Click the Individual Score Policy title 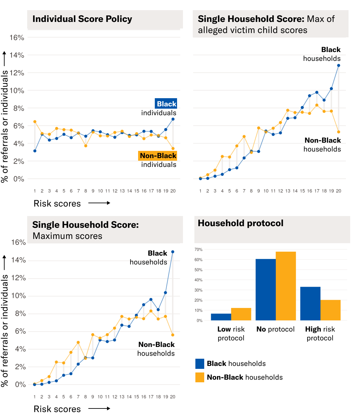click(x=82, y=19)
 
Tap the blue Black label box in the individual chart click(x=166, y=104)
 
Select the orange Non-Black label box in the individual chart click(x=158, y=156)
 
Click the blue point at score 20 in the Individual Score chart click(x=173, y=119)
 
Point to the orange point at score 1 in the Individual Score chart click(x=35, y=122)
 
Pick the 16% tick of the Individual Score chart click(x=17, y=38)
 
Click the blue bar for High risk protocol click(x=310, y=303)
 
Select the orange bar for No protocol click(x=286, y=286)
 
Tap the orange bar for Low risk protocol click(x=241, y=314)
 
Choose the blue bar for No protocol click(x=266, y=289)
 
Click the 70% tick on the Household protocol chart click(x=199, y=249)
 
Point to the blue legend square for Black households click(x=200, y=364)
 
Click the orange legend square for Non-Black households click(x=200, y=377)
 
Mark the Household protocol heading click(x=241, y=223)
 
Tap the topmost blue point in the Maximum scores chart click(x=173, y=252)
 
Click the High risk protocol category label click(x=320, y=334)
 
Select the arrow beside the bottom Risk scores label click(x=99, y=408)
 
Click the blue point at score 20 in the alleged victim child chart click(x=339, y=65)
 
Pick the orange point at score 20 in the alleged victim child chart click(x=339, y=132)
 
